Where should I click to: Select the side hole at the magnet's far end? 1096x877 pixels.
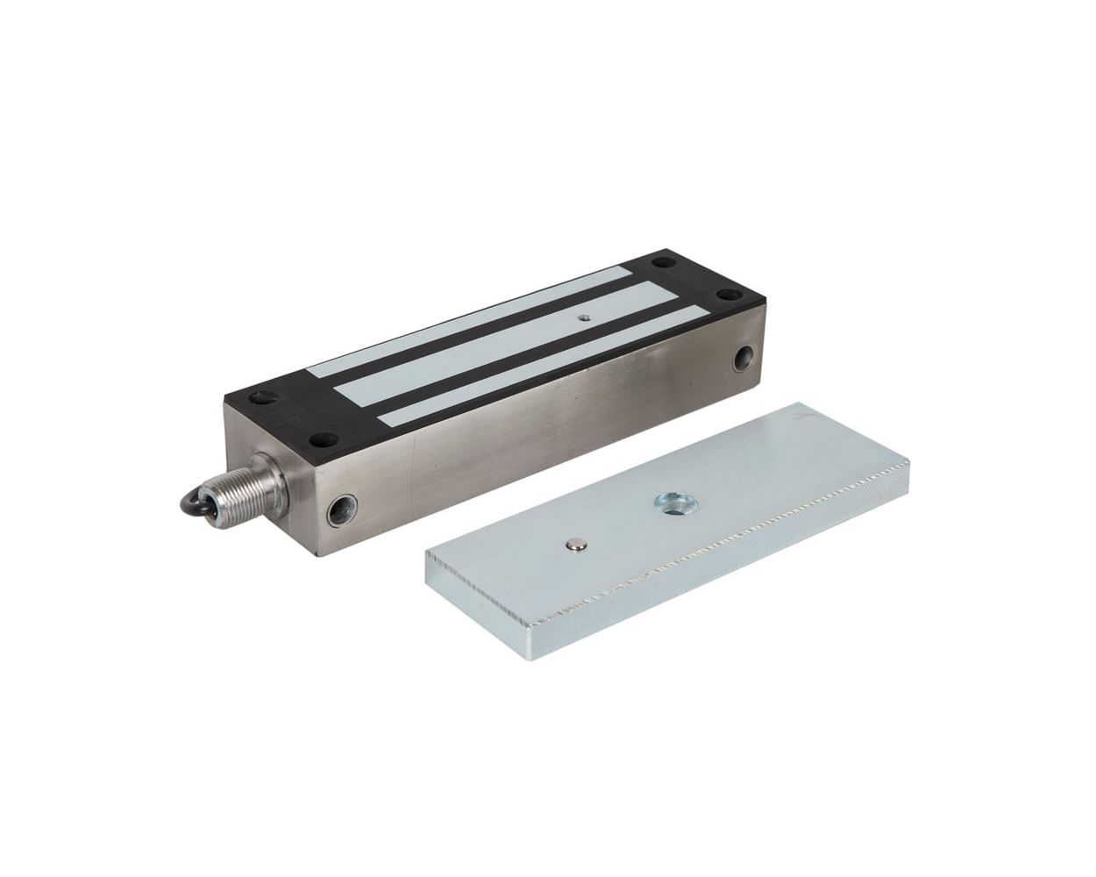744,358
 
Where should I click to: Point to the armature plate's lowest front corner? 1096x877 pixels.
529,653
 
